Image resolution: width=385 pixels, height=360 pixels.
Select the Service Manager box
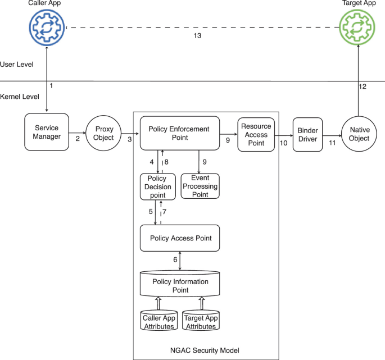click(x=47, y=133)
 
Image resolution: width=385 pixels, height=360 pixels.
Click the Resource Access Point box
click(x=256, y=135)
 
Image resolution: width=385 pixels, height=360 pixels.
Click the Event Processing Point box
click(x=200, y=186)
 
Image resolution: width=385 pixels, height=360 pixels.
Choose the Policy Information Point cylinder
click(x=180, y=285)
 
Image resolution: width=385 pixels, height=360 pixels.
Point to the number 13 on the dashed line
click(x=197, y=36)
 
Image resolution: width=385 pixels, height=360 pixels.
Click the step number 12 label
click(x=363, y=86)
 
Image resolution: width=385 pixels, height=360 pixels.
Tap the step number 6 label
click(x=175, y=259)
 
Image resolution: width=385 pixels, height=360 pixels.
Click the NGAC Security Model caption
click(x=205, y=350)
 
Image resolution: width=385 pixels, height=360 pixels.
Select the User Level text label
click(x=17, y=65)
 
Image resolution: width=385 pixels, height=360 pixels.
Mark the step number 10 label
click(x=283, y=144)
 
